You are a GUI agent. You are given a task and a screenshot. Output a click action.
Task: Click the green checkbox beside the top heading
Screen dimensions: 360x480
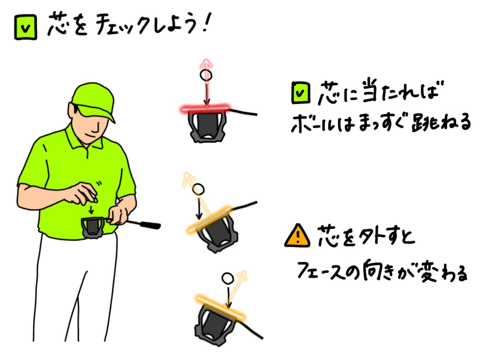[25, 28]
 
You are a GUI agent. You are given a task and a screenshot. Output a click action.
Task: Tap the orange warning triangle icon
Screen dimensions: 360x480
[297, 236]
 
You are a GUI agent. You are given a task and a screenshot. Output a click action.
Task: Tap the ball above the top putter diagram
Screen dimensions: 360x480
[206, 75]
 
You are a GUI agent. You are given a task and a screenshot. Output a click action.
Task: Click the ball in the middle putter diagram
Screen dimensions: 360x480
[198, 189]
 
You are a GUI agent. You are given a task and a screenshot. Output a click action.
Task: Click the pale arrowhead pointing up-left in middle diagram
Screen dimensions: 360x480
[186, 177]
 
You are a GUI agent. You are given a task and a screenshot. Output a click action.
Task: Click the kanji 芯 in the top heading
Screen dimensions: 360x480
[58, 25]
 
